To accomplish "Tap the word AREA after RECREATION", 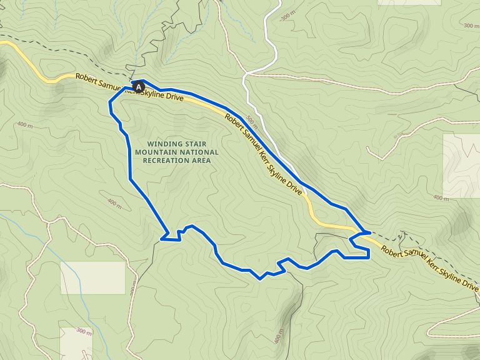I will (x=201, y=161).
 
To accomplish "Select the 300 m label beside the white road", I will (x=287, y=16).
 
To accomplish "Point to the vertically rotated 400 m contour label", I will (x=277, y=340).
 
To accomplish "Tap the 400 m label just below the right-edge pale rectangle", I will (x=441, y=199).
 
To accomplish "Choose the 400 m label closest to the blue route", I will (x=114, y=203).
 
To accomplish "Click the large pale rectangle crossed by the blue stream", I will (x=92, y=277).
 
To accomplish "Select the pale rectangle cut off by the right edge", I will (x=461, y=165).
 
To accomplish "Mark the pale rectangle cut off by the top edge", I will (x=409, y=2).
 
